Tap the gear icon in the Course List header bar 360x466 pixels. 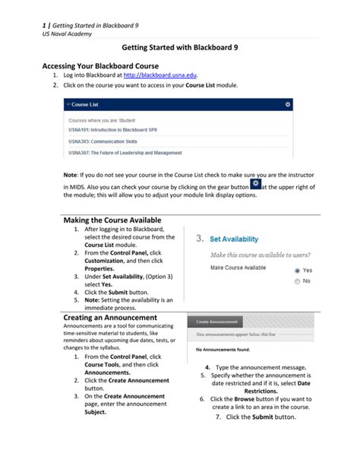coord(288,103)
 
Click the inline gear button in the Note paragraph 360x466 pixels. coord(254,185)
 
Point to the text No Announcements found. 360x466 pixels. coord(223,350)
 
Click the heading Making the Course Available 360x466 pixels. coord(112,220)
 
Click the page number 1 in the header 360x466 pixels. coord(43,7)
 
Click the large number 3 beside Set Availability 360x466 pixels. coord(199,239)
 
